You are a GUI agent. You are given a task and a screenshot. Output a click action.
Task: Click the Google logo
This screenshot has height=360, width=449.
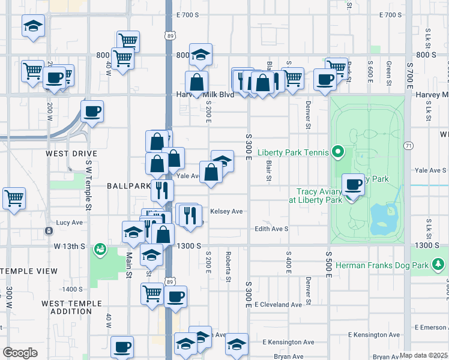[x=20, y=352]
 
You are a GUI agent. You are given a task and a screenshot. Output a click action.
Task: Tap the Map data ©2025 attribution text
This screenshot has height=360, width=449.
[x=423, y=355]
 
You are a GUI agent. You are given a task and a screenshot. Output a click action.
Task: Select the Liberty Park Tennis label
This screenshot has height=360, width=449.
[x=294, y=152]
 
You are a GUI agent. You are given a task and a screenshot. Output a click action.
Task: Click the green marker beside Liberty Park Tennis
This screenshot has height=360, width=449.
[x=337, y=152]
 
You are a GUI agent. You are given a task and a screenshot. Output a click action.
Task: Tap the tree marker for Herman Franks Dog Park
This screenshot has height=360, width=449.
[x=439, y=264]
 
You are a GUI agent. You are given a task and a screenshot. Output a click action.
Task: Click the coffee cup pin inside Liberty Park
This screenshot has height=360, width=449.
[x=353, y=185]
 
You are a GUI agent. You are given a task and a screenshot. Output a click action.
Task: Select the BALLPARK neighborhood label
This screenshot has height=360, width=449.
[x=128, y=186]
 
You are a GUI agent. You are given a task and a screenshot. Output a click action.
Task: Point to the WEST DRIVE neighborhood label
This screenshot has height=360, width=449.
[x=71, y=154]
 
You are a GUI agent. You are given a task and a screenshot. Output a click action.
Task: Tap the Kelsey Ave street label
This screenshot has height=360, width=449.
[x=226, y=211]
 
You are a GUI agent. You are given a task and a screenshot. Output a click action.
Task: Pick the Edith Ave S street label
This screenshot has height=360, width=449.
[x=271, y=229]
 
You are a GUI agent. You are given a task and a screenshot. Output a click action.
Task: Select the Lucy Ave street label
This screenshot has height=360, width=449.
[x=69, y=222]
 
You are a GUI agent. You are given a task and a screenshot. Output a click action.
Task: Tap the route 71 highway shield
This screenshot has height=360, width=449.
[x=409, y=146]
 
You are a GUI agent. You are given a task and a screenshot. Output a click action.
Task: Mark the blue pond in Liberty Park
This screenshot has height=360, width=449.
[x=384, y=219]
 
